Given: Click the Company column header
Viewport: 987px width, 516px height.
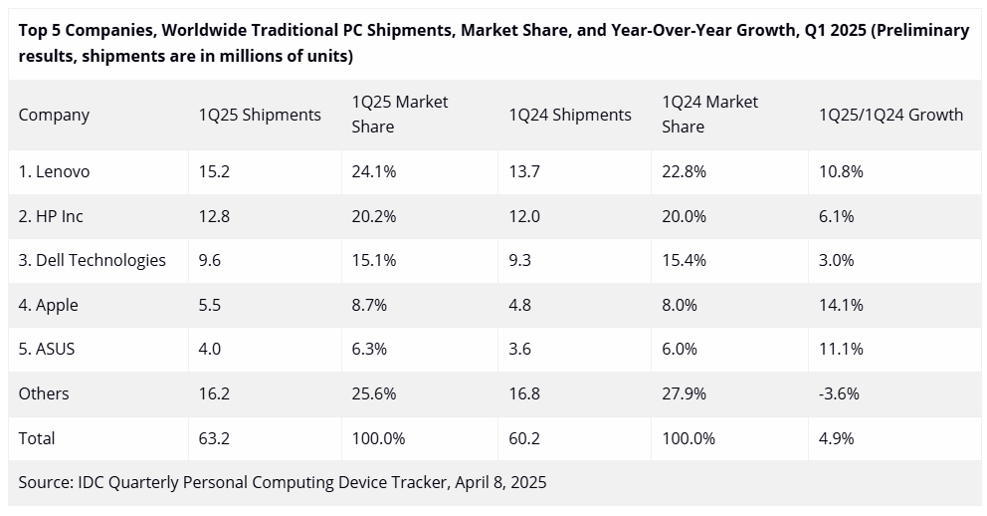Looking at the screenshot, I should pos(54,115).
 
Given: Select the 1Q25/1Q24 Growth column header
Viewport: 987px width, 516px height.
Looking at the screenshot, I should pos(890,115).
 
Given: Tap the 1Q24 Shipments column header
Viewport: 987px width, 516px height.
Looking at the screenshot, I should pos(569,115).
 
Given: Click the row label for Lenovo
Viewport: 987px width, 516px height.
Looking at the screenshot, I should pos(54,171).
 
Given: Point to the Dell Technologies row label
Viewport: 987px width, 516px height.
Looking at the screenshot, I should pos(92,260).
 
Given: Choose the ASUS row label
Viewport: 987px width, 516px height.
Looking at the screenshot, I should pos(47,349).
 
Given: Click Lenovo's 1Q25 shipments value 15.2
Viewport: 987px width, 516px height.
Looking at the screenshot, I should pos(214,171).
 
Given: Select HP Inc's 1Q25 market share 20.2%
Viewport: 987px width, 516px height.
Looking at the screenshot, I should pos(374,216).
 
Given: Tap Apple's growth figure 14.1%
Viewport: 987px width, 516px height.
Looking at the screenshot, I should pos(841,305).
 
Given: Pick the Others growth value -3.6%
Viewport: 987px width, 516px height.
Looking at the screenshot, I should pos(838,393).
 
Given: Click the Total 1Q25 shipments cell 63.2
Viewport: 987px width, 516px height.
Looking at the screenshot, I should pos(214,438).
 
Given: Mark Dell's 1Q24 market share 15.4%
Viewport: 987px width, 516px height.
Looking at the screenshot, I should pos(685,260).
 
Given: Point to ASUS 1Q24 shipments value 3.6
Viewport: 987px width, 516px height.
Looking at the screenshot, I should pos(520,349).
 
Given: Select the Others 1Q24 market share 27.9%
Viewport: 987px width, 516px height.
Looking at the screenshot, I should pos(685,393).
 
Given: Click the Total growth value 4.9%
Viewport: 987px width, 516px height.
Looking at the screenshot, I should pos(836,438).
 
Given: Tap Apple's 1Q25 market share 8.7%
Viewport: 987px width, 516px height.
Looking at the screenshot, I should pos(370,305).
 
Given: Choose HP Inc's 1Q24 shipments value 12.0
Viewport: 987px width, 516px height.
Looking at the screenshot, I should pos(524,216).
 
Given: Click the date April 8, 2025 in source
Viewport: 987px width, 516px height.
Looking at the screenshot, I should pos(500,482).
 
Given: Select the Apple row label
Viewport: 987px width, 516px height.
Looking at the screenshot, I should pos(49,305).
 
